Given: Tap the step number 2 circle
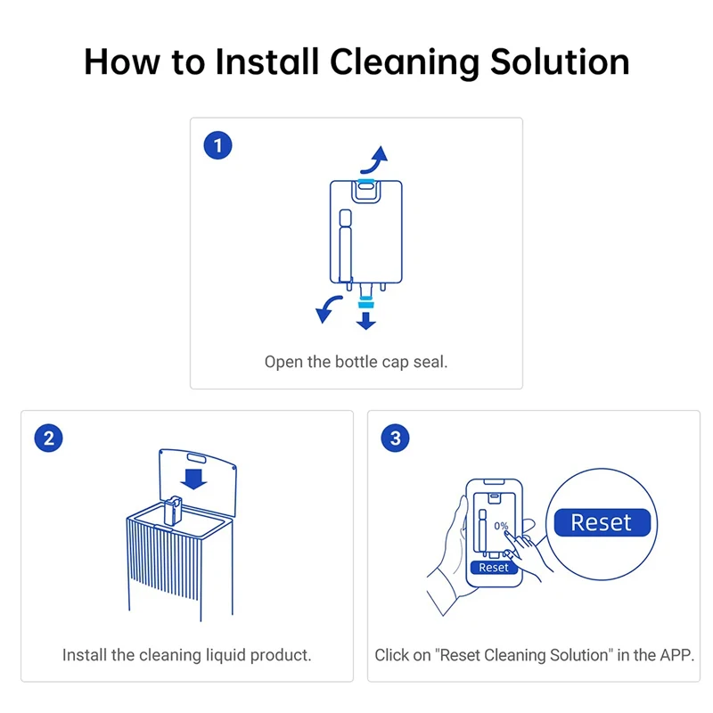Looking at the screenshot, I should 49,438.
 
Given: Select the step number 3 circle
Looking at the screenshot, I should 396,438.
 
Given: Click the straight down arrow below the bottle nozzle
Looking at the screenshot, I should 365,319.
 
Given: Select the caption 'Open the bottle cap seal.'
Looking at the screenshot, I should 356,362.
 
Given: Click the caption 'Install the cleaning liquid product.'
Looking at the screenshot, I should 186,655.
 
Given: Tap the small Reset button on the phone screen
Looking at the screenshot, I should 493,567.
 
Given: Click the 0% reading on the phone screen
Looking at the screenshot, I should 501,526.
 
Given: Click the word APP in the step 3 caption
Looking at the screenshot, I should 673,655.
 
